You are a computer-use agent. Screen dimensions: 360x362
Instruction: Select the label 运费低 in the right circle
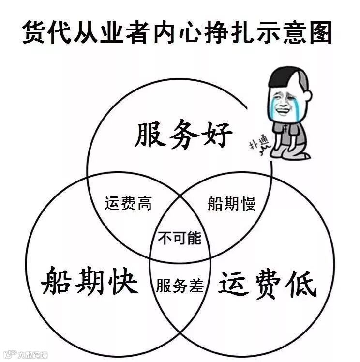coord(268,285)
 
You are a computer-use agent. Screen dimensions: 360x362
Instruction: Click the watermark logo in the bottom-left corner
coord(9,355)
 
